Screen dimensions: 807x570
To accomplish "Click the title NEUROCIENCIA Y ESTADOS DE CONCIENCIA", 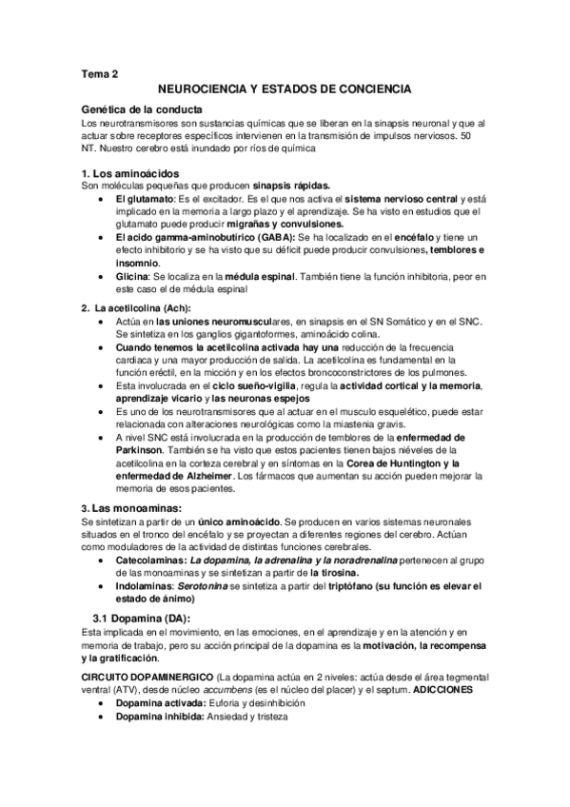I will (284, 89).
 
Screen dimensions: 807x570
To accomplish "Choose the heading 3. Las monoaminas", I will (132, 508).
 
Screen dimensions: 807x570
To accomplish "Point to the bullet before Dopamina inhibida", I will (101, 717).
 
